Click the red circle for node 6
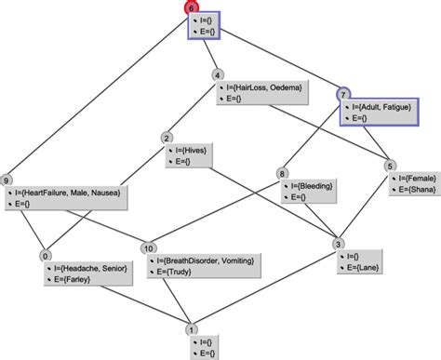tap(192, 7)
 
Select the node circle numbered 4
tap(218, 75)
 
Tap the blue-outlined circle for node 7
tap(342, 94)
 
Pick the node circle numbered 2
tap(167, 139)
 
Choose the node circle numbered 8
tap(283, 174)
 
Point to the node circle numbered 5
tap(391, 166)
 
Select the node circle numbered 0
tap(45, 255)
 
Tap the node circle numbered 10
tap(148, 248)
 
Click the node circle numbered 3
tap(339, 244)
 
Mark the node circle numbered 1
tap(192, 329)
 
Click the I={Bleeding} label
tap(312, 186)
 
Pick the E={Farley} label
tap(69, 278)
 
